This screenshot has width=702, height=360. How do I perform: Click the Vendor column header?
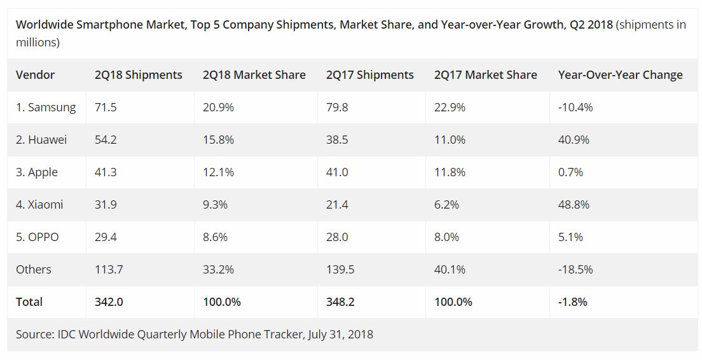pos(35,75)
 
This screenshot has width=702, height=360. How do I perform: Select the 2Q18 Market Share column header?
pos(254,75)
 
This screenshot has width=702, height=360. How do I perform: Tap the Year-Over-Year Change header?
pos(620,75)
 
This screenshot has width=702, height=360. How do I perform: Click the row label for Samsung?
pos(46,107)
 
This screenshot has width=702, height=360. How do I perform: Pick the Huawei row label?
pos(41,140)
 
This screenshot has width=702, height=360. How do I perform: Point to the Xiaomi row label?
pos(39,205)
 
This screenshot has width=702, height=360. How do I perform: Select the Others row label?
pos(34,269)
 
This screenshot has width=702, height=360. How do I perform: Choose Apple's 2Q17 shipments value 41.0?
pos(337,172)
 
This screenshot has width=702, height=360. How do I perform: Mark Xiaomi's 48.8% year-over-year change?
pos(574,205)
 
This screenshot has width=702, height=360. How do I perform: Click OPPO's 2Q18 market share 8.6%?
pos(216,237)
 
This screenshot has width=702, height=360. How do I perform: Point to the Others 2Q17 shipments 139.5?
pos(341,269)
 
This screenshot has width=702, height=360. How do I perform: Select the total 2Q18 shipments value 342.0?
pos(109,302)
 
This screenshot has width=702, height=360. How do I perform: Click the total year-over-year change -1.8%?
pos(573,302)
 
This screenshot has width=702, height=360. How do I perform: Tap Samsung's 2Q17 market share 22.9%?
pos(450,107)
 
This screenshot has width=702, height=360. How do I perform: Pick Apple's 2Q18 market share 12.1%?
pos(218,172)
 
